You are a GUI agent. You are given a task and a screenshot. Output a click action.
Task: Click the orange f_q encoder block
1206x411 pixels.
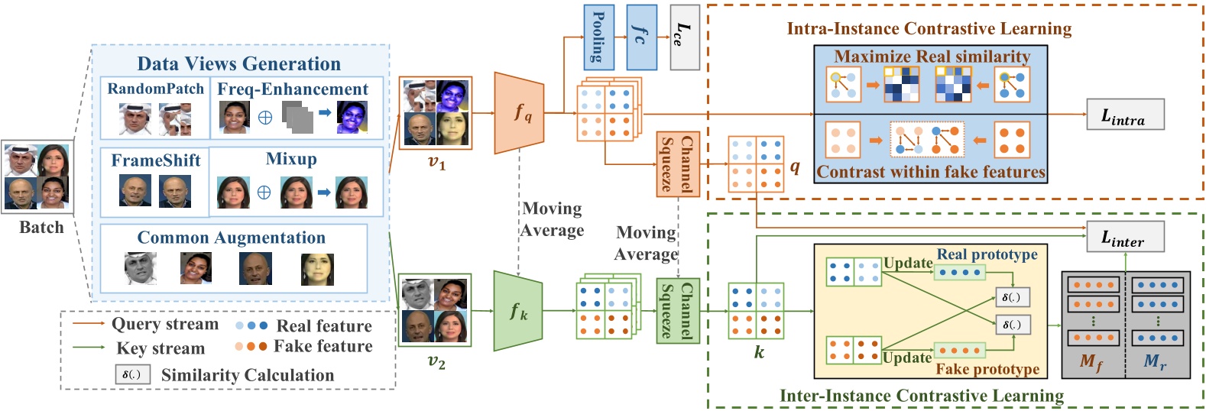pyautogui.click(x=520, y=113)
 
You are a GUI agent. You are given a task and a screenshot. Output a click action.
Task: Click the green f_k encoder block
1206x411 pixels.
pyautogui.click(x=518, y=311)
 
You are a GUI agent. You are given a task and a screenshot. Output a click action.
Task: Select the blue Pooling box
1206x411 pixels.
pyautogui.click(x=598, y=37)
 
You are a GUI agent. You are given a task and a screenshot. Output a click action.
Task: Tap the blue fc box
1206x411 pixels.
pyautogui.click(x=641, y=37)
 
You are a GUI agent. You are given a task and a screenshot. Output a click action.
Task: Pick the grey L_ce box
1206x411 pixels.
pyautogui.click(x=684, y=37)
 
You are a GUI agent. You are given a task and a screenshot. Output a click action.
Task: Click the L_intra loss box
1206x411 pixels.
pyautogui.click(x=1125, y=115)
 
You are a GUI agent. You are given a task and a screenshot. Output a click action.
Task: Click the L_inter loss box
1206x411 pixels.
pyautogui.click(x=1125, y=237)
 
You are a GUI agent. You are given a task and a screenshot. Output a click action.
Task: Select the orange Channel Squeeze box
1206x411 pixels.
pyautogui.click(x=678, y=163)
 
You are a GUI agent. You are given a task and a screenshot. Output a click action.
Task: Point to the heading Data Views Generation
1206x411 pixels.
pyautogui.click(x=238, y=63)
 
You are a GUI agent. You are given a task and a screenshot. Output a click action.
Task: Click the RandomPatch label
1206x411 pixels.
pyautogui.click(x=155, y=89)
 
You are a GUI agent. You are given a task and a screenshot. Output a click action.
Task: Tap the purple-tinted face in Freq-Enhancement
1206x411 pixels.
pyautogui.click(x=352, y=118)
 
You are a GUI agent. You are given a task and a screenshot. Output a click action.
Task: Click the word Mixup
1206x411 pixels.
pyautogui.click(x=291, y=159)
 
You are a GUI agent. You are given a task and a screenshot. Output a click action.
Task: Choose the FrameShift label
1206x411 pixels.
pyautogui.click(x=155, y=160)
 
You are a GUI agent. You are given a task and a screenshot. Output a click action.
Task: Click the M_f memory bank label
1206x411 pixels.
pyautogui.click(x=1091, y=361)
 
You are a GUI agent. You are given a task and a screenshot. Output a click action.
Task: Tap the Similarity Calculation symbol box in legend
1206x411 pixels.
pyautogui.click(x=131, y=374)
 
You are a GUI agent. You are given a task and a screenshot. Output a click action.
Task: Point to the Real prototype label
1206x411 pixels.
pyautogui.click(x=987, y=254)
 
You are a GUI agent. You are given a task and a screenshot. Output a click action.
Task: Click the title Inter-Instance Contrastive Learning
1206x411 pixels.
pyautogui.click(x=921, y=396)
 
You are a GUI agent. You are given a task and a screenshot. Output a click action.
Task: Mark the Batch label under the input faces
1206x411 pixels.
pyautogui.click(x=41, y=228)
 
